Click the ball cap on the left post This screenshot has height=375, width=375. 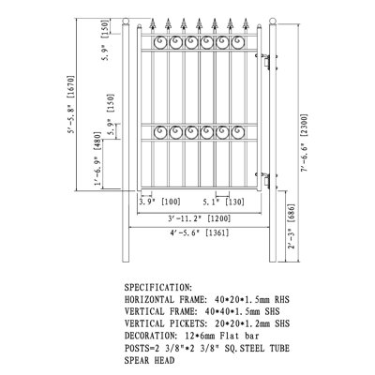pos(126,22)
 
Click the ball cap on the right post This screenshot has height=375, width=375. pos(273,22)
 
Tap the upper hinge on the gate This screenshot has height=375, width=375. pos(266,62)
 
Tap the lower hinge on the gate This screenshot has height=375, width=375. pos(266,180)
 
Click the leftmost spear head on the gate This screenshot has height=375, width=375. pos(153,24)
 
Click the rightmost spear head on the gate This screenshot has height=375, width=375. pos(246,24)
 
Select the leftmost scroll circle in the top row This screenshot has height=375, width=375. pos(160,42)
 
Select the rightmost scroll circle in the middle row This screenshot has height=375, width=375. pos(238,132)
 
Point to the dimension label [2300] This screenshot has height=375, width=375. pos(304,126)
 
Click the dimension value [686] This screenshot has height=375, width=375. pos(291,214)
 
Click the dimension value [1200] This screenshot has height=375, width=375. pos(219,218)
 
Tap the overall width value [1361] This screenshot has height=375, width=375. pos(217,232)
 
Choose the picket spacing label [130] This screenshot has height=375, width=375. pos(234,202)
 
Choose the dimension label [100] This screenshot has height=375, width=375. pos(171,202)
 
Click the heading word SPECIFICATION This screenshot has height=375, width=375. pos(157,287)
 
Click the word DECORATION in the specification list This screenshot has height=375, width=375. pos(149,336)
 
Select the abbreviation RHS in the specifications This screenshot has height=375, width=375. pos(282,300)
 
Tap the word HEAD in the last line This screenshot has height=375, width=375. pos(164,360)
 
